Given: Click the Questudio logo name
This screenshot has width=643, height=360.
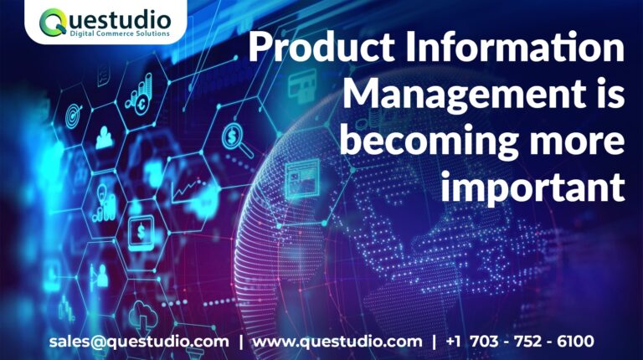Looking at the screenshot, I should (108, 18).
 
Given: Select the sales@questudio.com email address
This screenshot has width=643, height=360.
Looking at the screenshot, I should (139, 342).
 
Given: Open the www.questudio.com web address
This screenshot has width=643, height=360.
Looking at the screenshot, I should (337, 342).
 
